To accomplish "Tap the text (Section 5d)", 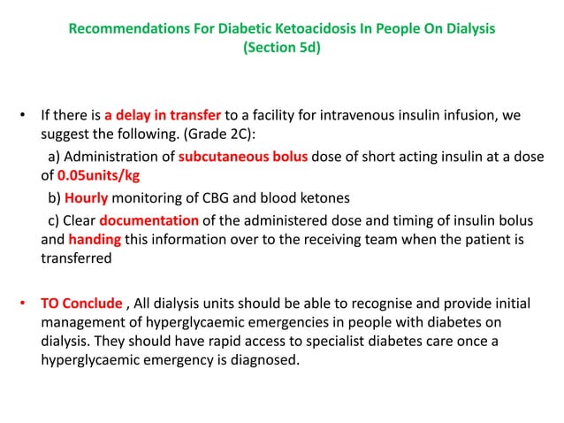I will click(x=281, y=50).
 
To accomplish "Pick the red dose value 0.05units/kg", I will click(x=100, y=176).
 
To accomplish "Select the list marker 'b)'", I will click(x=53, y=197).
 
